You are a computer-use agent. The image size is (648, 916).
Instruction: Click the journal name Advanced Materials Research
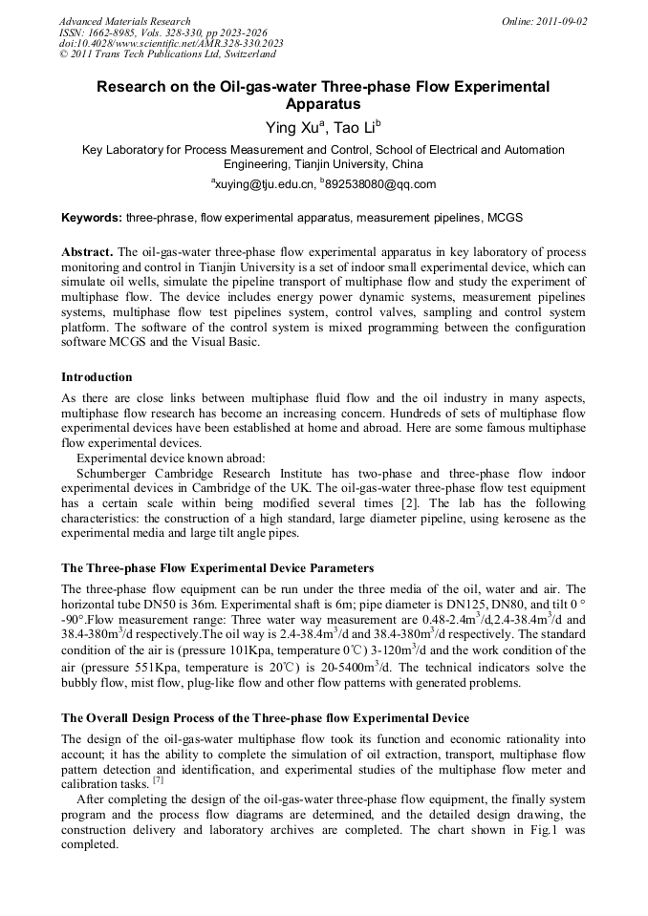coord(125,21)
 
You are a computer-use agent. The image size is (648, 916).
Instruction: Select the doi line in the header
coord(171,44)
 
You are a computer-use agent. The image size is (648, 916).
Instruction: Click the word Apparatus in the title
coord(323,103)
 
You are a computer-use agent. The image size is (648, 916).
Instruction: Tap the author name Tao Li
coord(356,126)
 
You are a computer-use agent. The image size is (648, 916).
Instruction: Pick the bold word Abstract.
coord(88,252)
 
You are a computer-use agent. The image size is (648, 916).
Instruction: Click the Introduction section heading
coord(97,377)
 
